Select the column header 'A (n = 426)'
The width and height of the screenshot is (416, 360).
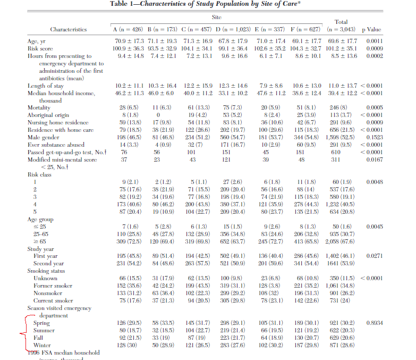tap(129, 29)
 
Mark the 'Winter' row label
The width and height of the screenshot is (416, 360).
tap(42, 345)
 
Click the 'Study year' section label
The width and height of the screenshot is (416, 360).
tap(41, 248)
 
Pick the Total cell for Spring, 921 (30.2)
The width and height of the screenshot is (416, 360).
tap(339, 323)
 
